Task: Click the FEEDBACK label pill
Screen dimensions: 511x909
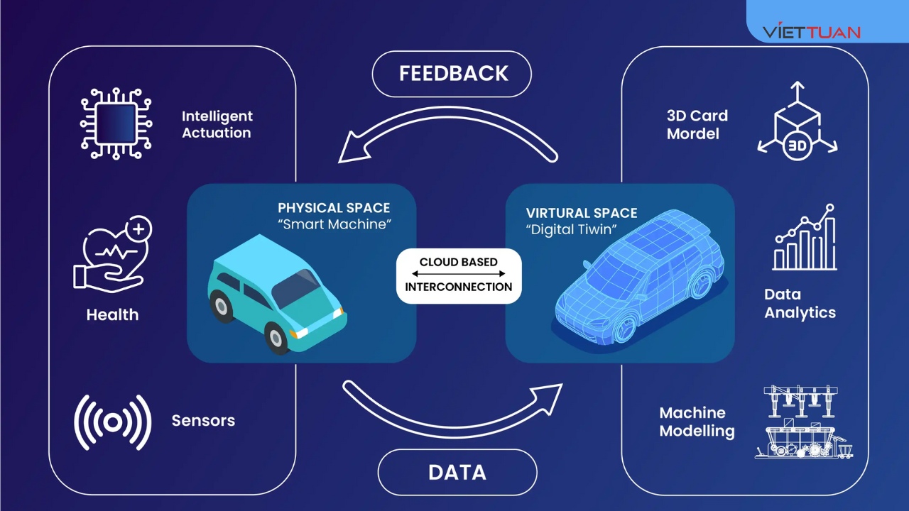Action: [452, 74]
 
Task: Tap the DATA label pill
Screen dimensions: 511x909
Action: [457, 473]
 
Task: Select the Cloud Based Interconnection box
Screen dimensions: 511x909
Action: [459, 275]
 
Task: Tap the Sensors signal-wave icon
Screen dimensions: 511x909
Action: [113, 422]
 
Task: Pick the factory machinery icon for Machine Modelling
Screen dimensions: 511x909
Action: [803, 422]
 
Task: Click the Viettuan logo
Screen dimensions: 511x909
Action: [811, 32]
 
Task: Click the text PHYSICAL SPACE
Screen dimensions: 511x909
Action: [334, 208]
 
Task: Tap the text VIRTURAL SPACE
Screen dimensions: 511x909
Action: [582, 213]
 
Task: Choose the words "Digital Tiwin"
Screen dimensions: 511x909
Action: [571, 230]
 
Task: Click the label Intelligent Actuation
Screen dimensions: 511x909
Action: [217, 124]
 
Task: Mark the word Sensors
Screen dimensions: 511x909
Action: [203, 421]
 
